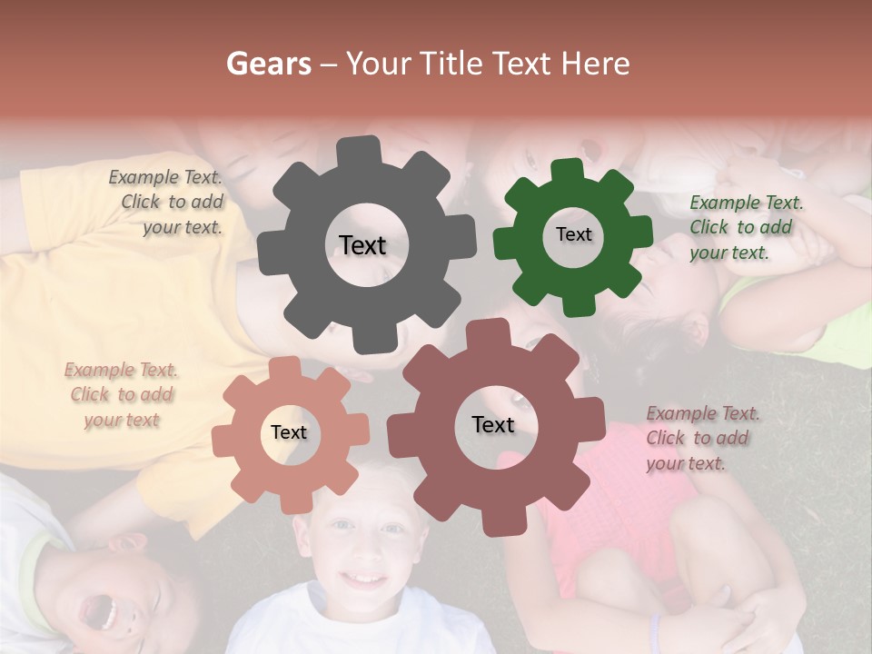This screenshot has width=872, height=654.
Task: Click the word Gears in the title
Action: (x=268, y=64)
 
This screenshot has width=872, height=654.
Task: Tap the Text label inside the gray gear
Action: (x=362, y=245)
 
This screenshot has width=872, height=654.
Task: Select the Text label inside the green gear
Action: (x=573, y=234)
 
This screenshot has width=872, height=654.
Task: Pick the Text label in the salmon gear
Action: (x=289, y=432)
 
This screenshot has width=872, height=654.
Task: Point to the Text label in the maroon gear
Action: (x=493, y=424)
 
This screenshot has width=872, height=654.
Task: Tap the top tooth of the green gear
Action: (x=568, y=171)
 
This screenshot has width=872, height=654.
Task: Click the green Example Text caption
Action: (x=745, y=227)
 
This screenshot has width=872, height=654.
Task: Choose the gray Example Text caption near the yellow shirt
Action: (x=168, y=202)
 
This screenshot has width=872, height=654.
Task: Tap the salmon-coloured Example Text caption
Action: (x=121, y=394)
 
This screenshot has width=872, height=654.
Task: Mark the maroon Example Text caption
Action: (x=701, y=438)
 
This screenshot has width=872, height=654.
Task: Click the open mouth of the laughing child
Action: (x=100, y=611)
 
